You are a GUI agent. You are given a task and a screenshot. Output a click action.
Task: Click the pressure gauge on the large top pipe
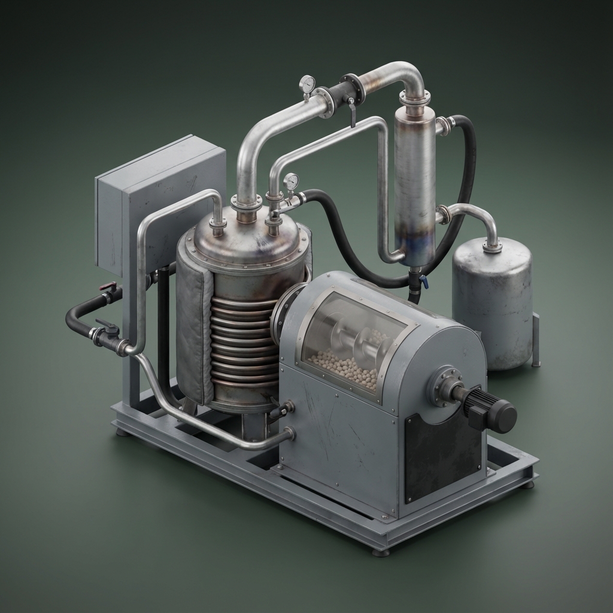click(307, 83)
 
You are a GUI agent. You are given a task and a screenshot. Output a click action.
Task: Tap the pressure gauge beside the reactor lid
click(291, 180)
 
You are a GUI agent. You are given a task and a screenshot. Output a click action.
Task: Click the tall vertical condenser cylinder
click(414, 186)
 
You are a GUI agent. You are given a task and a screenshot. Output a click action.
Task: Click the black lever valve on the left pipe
click(108, 327)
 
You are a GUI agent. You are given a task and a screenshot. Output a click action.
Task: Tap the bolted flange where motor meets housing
click(444, 386)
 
